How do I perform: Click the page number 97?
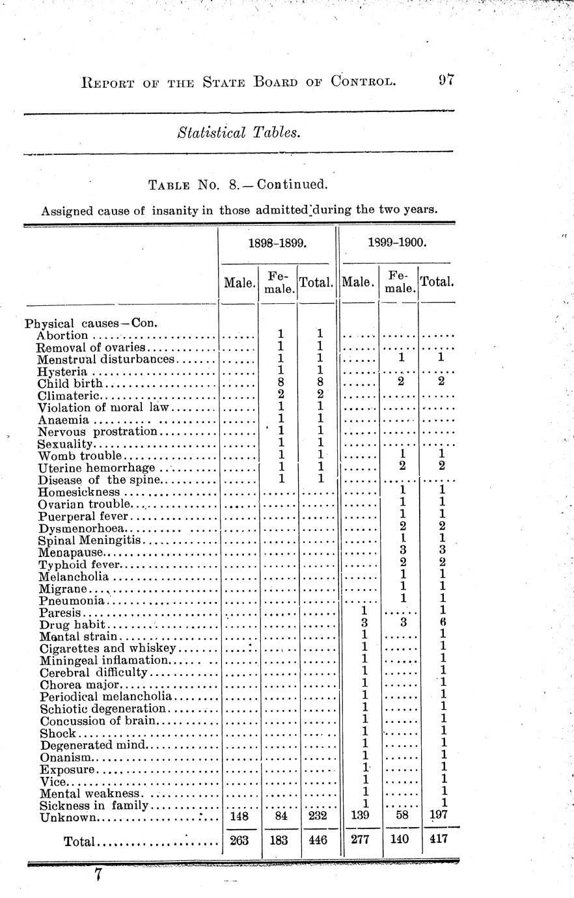[x=445, y=81]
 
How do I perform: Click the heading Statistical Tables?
[x=238, y=133]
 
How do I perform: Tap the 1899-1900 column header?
[x=397, y=243]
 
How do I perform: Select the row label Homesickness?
[x=79, y=492]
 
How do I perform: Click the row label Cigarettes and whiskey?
[x=107, y=648]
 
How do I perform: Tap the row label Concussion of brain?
[x=98, y=720]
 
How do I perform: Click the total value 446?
[x=318, y=840]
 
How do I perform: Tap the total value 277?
[x=361, y=840]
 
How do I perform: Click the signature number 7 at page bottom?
[x=98, y=875]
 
